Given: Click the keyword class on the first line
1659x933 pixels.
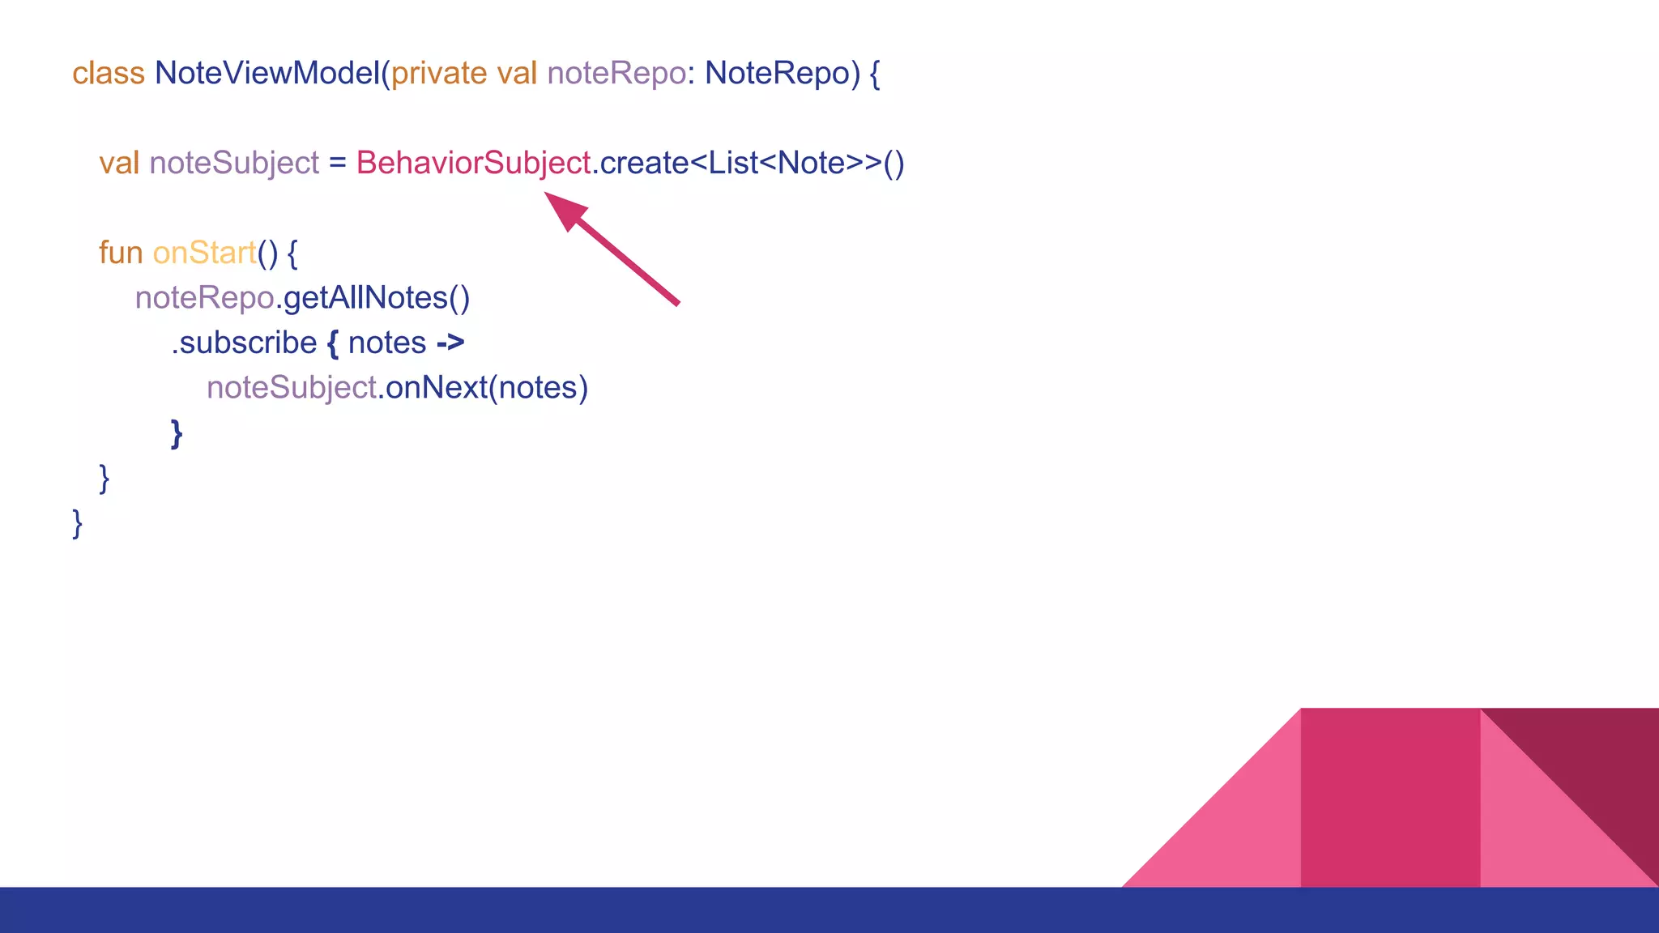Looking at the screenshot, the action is pyautogui.click(x=108, y=74).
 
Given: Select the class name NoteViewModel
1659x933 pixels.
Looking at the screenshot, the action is pyautogui.click(x=267, y=74).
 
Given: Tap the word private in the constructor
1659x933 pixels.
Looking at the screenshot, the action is pyautogui.click(x=439, y=74).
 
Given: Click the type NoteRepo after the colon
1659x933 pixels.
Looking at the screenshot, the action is pyautogui.click(x=777, y=74).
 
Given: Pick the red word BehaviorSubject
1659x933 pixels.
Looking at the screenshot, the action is pyautogui.click(x=473, y=164).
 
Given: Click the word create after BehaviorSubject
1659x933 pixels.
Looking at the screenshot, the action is pyautogui.click(x=644, y=164).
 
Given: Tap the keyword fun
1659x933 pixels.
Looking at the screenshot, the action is pyautogui.click(x=121, y=253).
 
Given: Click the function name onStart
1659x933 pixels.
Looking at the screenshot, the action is pyautogui.click(x=204, y=253).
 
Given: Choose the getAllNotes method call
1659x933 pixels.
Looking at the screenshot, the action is pyautogui.click(x=376, y=299).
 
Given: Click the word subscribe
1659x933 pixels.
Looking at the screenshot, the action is pyautogui.click(x=248, y=343).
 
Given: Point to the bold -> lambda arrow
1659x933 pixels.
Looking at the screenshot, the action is pyautogui.click(x=450, y=343).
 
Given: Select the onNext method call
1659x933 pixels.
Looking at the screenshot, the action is pyautogui.click(x=437, y=388).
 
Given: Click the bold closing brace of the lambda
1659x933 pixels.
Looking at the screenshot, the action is pyautogui.click(x=177, y=433).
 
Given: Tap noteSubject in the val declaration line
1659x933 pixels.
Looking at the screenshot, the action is pyautogui.click(x=234, y=164).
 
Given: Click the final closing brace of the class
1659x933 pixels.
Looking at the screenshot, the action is pyautogui.click(x=78, y=523).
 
